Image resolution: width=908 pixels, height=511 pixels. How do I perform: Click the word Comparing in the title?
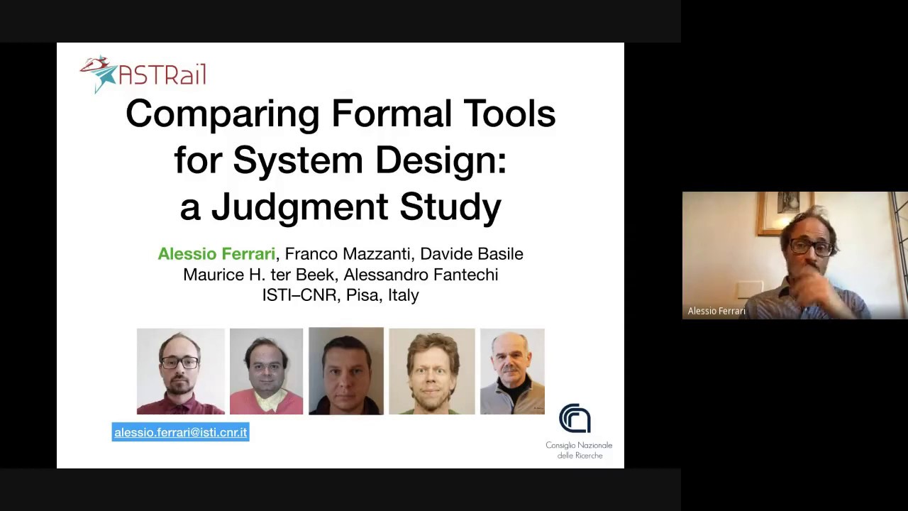pos(222,114)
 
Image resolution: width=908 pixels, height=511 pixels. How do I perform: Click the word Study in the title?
pos(450,207)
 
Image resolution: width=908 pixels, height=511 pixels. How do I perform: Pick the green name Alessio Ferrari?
pos(216,254)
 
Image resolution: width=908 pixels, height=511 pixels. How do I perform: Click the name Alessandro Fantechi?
pos(421,275)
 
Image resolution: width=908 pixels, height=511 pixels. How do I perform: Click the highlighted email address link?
pos(181,432)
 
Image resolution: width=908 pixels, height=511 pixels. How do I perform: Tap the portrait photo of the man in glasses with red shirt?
pos(180,371)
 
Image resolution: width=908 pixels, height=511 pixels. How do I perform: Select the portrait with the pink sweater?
pos(266,371)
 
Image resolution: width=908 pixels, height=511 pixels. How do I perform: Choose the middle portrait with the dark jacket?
pos(346,370)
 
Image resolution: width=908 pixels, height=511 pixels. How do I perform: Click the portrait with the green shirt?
pos(431,371)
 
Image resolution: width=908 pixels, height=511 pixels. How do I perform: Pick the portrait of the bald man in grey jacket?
pos(511,371)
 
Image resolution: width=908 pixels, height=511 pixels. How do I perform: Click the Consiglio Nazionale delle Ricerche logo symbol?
pos(575,419)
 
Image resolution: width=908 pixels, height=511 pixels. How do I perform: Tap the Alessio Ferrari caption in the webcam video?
pos(716,311)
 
